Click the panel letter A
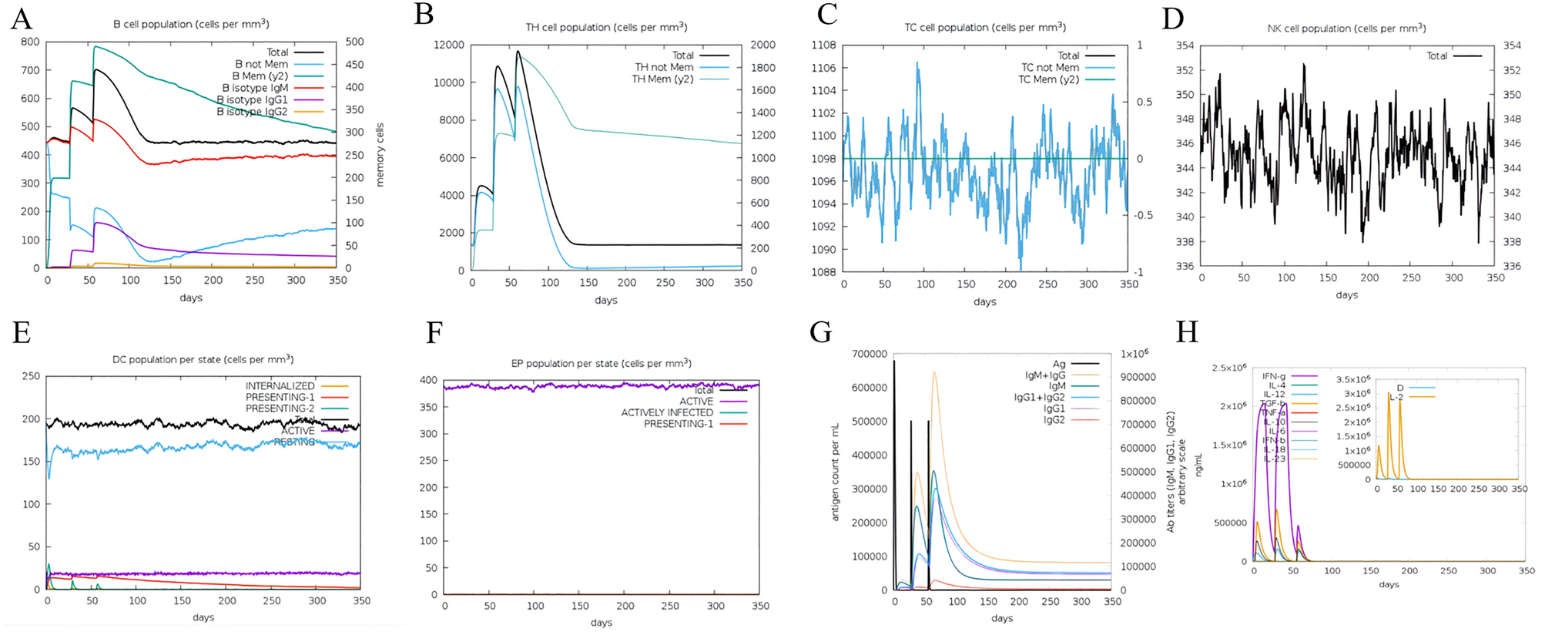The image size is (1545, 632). click(21, 18)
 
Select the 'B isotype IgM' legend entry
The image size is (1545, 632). click(255, 88)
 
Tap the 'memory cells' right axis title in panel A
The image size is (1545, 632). click(379, 154)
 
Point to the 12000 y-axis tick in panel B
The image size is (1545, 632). click(449, 45)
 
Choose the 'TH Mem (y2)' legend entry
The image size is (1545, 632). click(662, 79)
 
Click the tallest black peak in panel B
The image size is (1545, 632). click(518, 52)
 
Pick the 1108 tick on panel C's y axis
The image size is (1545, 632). click(823, 45)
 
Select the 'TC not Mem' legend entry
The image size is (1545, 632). click(1050, 67)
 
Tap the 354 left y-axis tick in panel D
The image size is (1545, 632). click(1185, 45)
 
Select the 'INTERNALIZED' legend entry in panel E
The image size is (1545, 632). click(280, 385)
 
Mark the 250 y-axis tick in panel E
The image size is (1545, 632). click(31, 376)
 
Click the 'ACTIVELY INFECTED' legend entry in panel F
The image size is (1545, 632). click(667, 412)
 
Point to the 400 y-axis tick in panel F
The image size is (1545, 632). click(428, 380)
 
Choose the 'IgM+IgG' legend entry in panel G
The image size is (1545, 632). click(1045, 375)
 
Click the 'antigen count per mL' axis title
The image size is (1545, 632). click(835, 472)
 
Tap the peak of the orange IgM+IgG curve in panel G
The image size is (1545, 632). click(934, 372)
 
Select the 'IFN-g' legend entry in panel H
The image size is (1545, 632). click(1273, 376)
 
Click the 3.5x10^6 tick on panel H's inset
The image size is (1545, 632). click(1352, 379)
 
